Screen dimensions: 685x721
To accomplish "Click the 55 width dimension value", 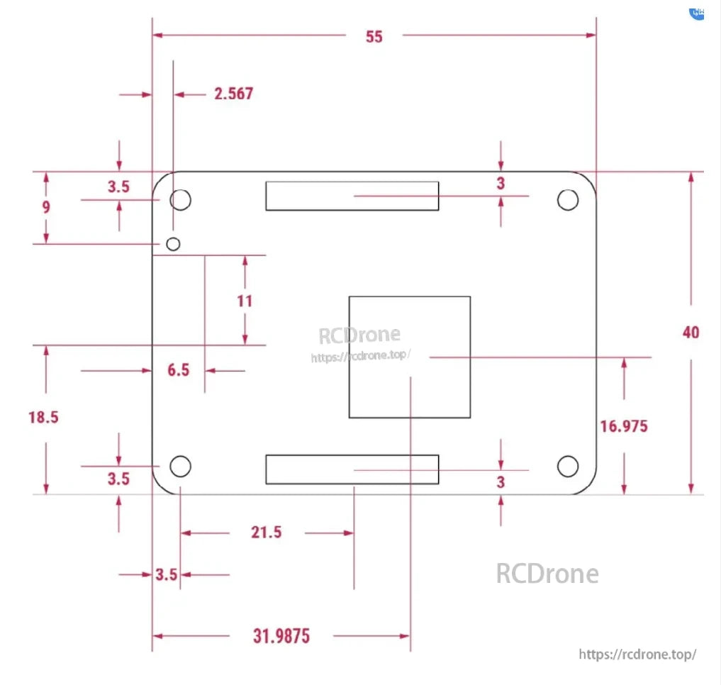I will click(374, 36).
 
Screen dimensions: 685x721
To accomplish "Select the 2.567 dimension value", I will click(234, 94).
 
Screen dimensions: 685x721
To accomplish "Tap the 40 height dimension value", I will click(690, 332).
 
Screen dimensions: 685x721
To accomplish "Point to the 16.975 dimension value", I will click(624, 426).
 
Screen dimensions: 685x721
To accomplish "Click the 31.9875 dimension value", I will click(281, 636).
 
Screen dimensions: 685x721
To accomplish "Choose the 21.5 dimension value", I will click(266, 533).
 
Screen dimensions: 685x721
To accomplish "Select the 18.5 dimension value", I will click(43, 417).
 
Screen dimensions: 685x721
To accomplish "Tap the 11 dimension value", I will click(245, 301).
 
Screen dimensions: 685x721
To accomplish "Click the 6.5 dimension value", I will click(179, 370).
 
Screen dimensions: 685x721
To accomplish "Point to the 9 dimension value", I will click(46, 207).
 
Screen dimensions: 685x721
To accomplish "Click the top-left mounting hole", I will click(181, 200).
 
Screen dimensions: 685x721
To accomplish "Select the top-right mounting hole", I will click(567, 200).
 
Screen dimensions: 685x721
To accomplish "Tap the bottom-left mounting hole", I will click(181, 467).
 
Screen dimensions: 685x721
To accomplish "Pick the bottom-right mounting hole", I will click(567, 467).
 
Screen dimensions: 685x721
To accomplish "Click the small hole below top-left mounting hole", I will click(173, 244).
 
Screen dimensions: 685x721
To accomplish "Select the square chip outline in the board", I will click(410, 357).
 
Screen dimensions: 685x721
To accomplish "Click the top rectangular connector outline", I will click(352, 196).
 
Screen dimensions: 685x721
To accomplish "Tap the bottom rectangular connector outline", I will click(352, 469).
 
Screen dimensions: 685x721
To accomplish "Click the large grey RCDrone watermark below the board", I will click(547, 574).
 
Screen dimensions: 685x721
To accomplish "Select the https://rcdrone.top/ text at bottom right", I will click(637, 655).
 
